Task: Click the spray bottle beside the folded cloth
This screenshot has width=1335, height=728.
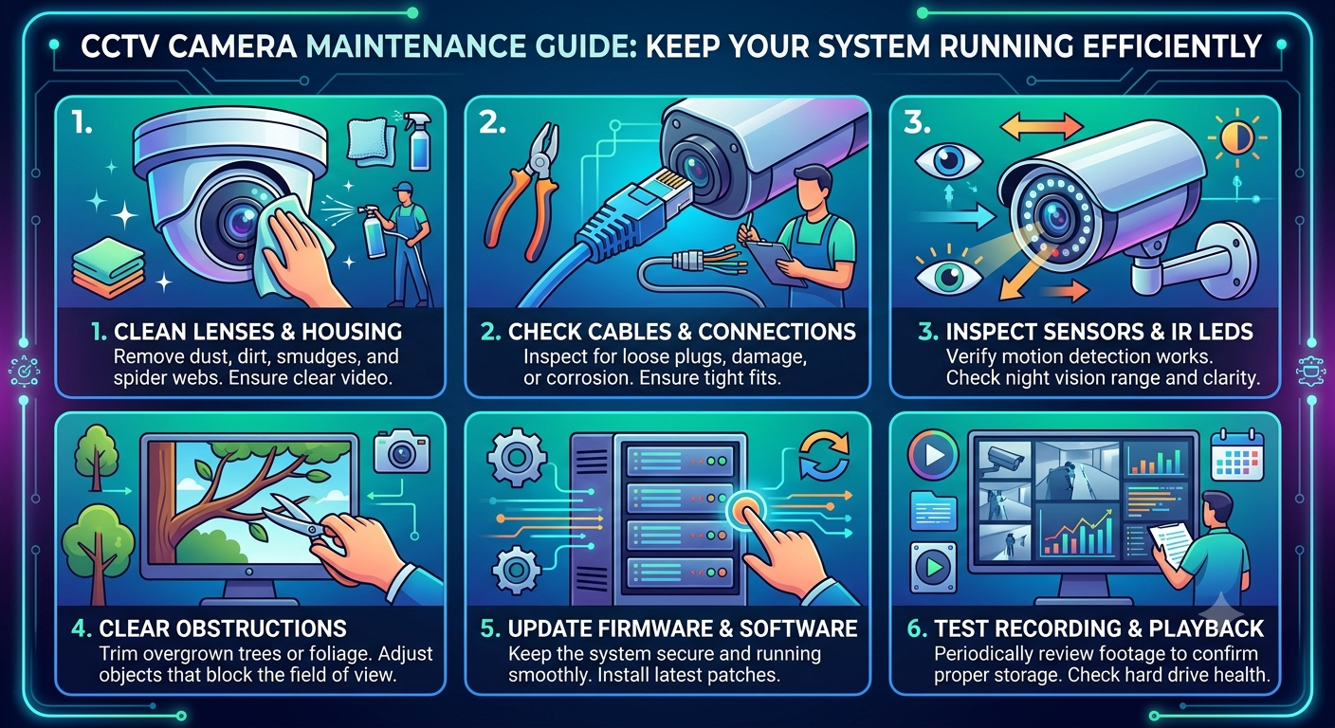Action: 420,141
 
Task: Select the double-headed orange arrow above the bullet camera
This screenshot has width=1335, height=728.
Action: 1041,127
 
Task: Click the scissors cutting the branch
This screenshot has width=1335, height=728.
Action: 295,519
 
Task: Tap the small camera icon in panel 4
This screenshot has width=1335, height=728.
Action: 401,453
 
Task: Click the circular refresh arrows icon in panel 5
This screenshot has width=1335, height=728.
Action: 824,456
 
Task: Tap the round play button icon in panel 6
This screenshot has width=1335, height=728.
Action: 933,456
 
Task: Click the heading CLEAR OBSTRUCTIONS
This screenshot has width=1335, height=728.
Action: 222,628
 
